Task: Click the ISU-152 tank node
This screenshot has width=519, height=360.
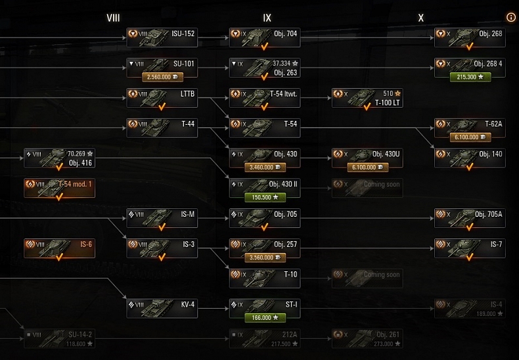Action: tap(162, 37)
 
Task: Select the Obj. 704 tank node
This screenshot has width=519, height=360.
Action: tap(265, 37)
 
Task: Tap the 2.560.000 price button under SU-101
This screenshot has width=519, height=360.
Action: tap(162, 77)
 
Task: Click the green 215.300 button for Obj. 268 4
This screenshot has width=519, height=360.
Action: tap(470, 77)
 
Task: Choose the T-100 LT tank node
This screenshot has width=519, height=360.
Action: tap(367, 98)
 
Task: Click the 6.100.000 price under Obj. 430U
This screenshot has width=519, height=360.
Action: tap(367, 168)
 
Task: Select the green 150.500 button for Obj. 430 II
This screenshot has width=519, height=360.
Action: tap(265, 196)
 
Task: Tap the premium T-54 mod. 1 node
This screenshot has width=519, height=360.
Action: tap(59, 189)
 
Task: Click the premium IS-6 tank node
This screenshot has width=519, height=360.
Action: tap(59, 248)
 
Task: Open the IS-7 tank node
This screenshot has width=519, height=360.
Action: tap(470, 248)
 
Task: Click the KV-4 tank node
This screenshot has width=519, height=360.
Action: tap(162, 308)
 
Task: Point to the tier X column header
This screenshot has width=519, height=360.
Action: tap(421, 18)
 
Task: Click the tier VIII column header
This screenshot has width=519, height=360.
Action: tap(113, 18)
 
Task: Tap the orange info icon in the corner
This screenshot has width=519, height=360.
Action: tap(511, 18)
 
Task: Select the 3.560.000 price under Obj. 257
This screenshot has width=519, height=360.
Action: tap(265, 258)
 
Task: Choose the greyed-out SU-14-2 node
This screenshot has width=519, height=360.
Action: tap(59, 338)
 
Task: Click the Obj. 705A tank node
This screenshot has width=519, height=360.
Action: tap(470, 217)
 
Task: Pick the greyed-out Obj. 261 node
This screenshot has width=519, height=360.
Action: tap(367, 338)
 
